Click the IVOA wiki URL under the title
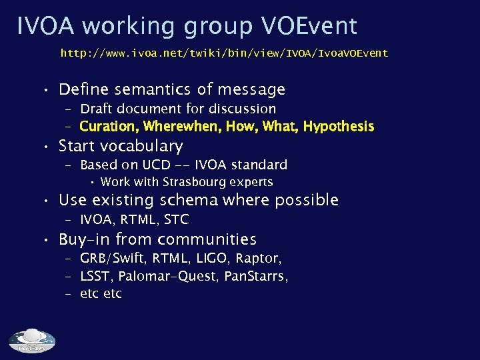point(224,53)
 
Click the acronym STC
point(177,219)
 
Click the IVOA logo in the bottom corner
point(32,340)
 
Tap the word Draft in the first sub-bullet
point(98,109)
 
